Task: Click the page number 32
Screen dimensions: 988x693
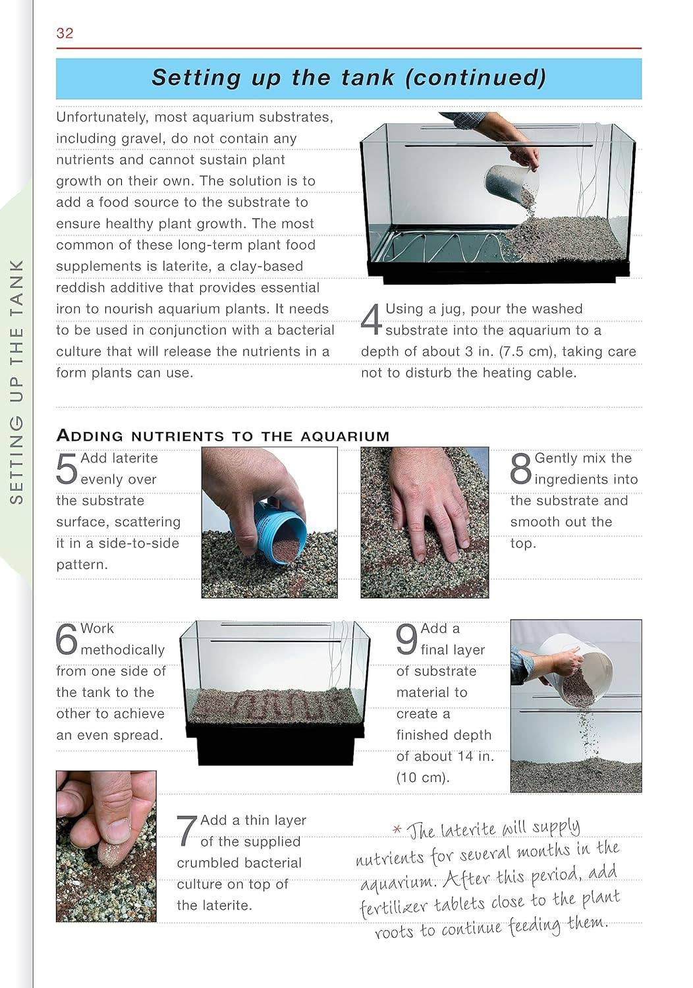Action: click(x=65, y=33)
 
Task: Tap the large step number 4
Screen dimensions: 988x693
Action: click(x=372, y=319)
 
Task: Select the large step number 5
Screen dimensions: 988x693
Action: click(x=67, y=468)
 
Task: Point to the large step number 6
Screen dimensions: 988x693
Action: click(x=67, y=639)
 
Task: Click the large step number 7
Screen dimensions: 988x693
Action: click(x=187, y=831)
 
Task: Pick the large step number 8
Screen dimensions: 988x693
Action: click(x=520, y=468)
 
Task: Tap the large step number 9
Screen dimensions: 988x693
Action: click(x=406, y=639)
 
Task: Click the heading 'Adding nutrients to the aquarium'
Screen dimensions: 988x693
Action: click(x=223, y=435)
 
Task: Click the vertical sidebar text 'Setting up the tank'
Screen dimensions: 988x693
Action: click(x=17, y=382)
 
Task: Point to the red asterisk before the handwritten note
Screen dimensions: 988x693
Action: click(x=397, y=830)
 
